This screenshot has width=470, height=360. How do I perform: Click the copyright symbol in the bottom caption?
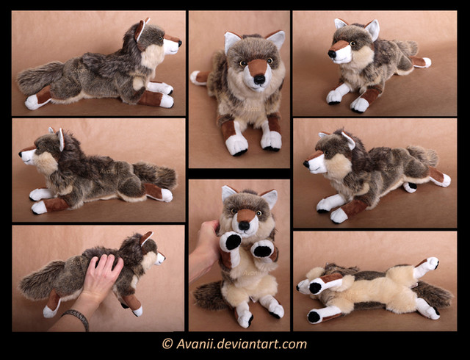167,343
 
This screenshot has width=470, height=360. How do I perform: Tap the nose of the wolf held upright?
244,226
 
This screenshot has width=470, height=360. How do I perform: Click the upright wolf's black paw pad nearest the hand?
233,242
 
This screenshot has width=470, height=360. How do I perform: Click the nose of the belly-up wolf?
297,287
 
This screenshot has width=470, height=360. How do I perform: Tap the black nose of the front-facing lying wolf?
259,79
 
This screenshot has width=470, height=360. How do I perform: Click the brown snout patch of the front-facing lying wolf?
257,67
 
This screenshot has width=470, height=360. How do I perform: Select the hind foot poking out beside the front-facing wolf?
198,77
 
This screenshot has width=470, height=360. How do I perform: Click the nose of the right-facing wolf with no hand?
180,43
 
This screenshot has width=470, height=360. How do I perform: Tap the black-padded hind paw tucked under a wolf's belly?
410,187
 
